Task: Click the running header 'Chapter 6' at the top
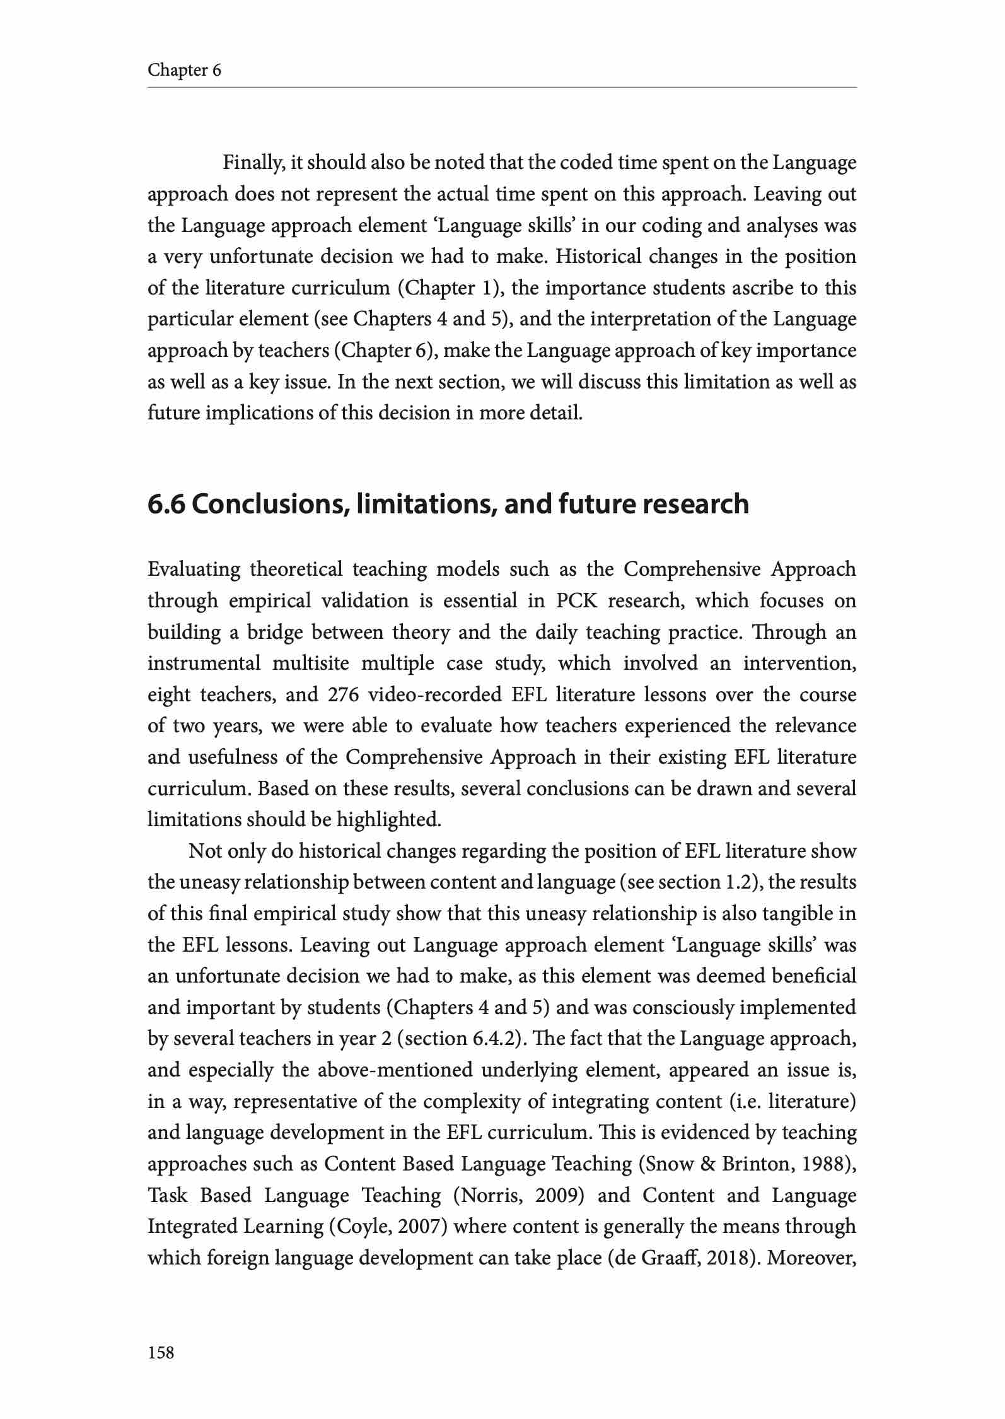click(x=184, y=69)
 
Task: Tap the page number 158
click(x=161, y=1352)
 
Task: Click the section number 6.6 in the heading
click(x=166, y=504)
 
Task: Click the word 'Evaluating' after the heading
click(x=194, y=569)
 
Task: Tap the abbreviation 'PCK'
click(x=574, y=600)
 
